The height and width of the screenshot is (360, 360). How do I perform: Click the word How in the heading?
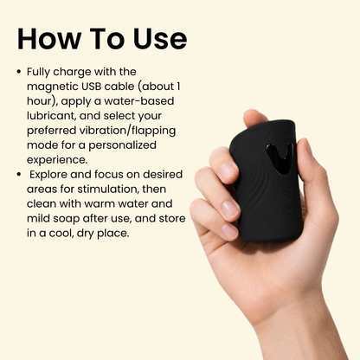(x=49, y=39)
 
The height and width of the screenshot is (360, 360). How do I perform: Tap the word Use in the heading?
(x=160, y=39)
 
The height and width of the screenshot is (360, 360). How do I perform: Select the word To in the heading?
(x=107, y=39)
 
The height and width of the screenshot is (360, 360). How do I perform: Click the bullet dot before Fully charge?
(x=19, y=72)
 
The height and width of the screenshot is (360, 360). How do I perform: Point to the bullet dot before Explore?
(x=19, y=174)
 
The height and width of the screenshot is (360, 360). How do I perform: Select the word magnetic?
(x=53, y=87)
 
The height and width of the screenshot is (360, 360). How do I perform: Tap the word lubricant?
(x=51, y=116)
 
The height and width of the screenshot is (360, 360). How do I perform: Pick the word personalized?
(x=122, y=145)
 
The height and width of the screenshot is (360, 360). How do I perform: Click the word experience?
(x=57, y=160)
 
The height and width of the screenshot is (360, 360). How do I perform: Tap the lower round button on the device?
(x=287, y=210)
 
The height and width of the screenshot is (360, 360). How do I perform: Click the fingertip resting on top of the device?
(x=254, y=118)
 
